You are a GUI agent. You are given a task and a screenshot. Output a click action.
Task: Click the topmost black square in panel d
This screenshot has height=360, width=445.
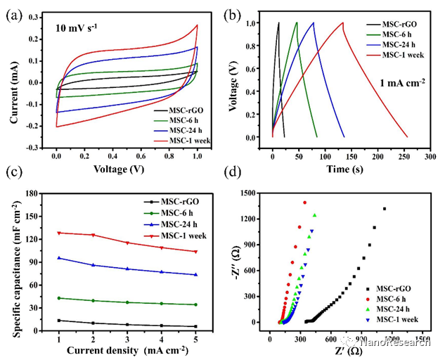coord(385,209)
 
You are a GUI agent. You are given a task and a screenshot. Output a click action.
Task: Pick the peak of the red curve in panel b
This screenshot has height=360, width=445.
coord(343,22)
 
